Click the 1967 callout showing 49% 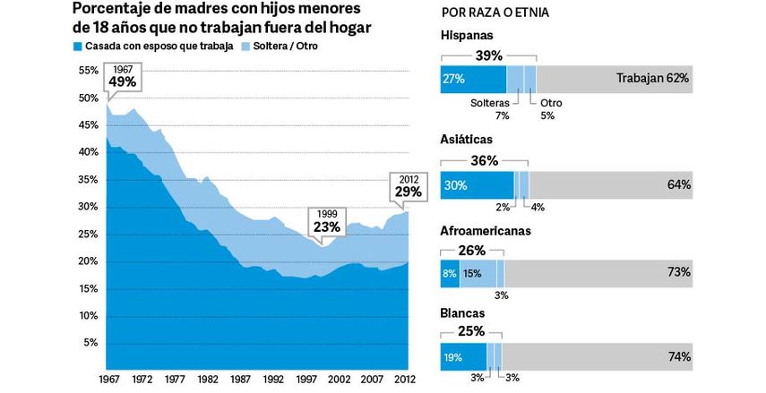[122, 76]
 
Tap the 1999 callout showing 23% [327, 221]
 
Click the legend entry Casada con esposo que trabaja [151, 46]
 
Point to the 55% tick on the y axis [90, 70]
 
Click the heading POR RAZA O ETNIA [495, 15]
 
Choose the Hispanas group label [467, 36]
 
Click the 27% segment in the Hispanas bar [473, 78]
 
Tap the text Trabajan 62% [651, 78]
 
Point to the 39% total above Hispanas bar [488, 56]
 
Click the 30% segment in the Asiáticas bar [476, 184]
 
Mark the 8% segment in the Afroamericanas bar [449, 273]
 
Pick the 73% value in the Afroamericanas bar [678, 272]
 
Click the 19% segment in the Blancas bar [462, 356]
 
